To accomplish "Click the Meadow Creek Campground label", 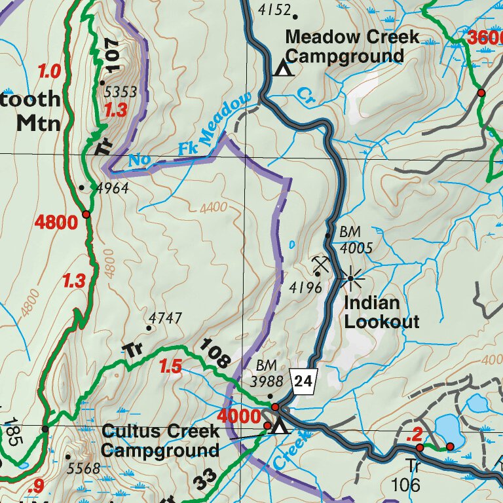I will click(352, 47).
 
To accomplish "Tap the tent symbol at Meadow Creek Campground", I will click(283, 67).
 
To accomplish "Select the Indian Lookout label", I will click(381, 312).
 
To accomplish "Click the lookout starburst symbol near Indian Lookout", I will click(351, 279).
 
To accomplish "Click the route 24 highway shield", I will click(305, 380).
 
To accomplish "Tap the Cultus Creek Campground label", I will click(160, 441).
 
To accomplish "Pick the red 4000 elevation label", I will click(239, 416).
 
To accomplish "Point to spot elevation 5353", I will click(121, 92).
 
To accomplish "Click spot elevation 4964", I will click(112, 189).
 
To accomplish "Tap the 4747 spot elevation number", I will click(165, 318).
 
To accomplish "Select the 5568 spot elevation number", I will click(84, 468).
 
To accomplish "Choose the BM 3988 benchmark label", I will click(269, 373).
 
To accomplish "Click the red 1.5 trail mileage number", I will click(170, 367).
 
